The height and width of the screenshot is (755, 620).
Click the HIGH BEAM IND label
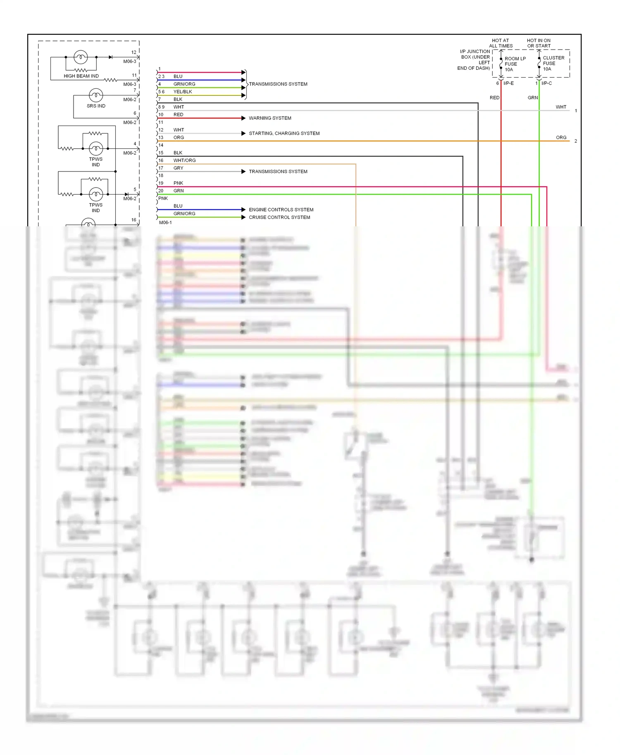pos(81,76)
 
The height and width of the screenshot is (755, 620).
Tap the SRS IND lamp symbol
pos(96,96)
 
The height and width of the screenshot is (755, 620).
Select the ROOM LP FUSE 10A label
pos(515,64)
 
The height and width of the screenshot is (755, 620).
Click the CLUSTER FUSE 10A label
pos(553,63)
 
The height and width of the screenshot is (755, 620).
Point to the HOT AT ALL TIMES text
pos(501,43)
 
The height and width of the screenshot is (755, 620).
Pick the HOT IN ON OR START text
pos(539,43)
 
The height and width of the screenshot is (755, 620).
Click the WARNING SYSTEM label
pos(270,118)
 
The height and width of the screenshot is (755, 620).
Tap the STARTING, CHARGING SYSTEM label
pos(284,133)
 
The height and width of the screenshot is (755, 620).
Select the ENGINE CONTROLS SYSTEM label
pos(281,210)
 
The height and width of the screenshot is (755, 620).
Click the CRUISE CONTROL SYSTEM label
pos(279,217)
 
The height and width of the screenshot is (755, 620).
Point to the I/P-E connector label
pos(508,83)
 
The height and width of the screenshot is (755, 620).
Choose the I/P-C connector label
pos(546,83)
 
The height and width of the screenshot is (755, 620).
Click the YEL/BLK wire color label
pos(183,92)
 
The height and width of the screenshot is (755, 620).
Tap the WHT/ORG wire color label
pos(184,160)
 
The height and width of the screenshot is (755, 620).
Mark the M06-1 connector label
pos(165,223)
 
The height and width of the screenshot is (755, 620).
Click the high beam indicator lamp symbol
pos(81,57)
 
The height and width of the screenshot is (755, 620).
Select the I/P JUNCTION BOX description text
pos(474,60)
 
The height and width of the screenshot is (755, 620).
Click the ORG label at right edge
pos(561,138)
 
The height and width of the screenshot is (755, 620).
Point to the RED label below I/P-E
pos(494,98)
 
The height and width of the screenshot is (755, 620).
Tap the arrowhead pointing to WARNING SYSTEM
pos(243,118)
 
